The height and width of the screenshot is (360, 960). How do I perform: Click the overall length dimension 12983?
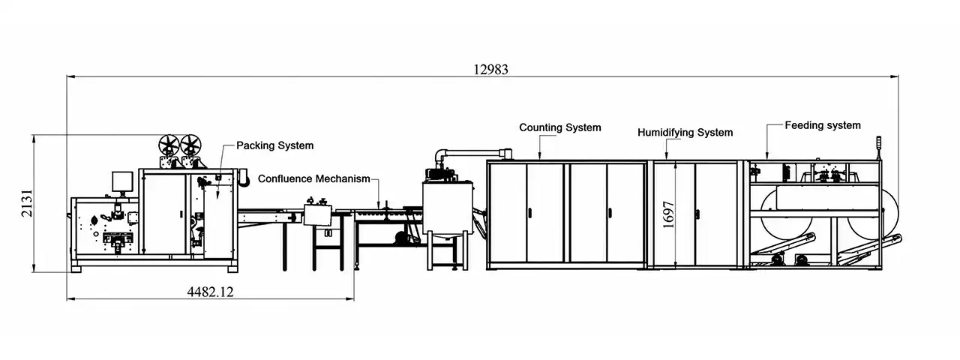click(490, 70)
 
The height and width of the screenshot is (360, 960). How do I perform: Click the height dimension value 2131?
click(27, 203)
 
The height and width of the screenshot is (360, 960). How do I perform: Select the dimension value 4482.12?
click(211, 292)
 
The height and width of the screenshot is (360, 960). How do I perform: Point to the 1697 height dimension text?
click(668, 214)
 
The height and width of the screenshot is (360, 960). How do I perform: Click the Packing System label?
click(274, 145)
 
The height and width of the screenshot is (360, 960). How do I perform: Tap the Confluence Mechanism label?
click(313, 178)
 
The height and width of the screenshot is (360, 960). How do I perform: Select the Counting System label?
click(559, 127)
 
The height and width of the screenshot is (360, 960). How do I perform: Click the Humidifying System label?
click(685, 133)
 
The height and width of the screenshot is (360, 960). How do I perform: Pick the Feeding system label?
click(823, 125)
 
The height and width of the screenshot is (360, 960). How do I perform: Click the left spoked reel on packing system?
click(169, 145)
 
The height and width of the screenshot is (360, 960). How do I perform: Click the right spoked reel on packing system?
click(190, 145)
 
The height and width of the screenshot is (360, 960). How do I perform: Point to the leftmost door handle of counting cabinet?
click(529, 212)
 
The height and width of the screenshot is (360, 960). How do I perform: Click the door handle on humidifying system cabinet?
click(697, 214)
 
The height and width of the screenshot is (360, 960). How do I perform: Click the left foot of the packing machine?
click(76, 269)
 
